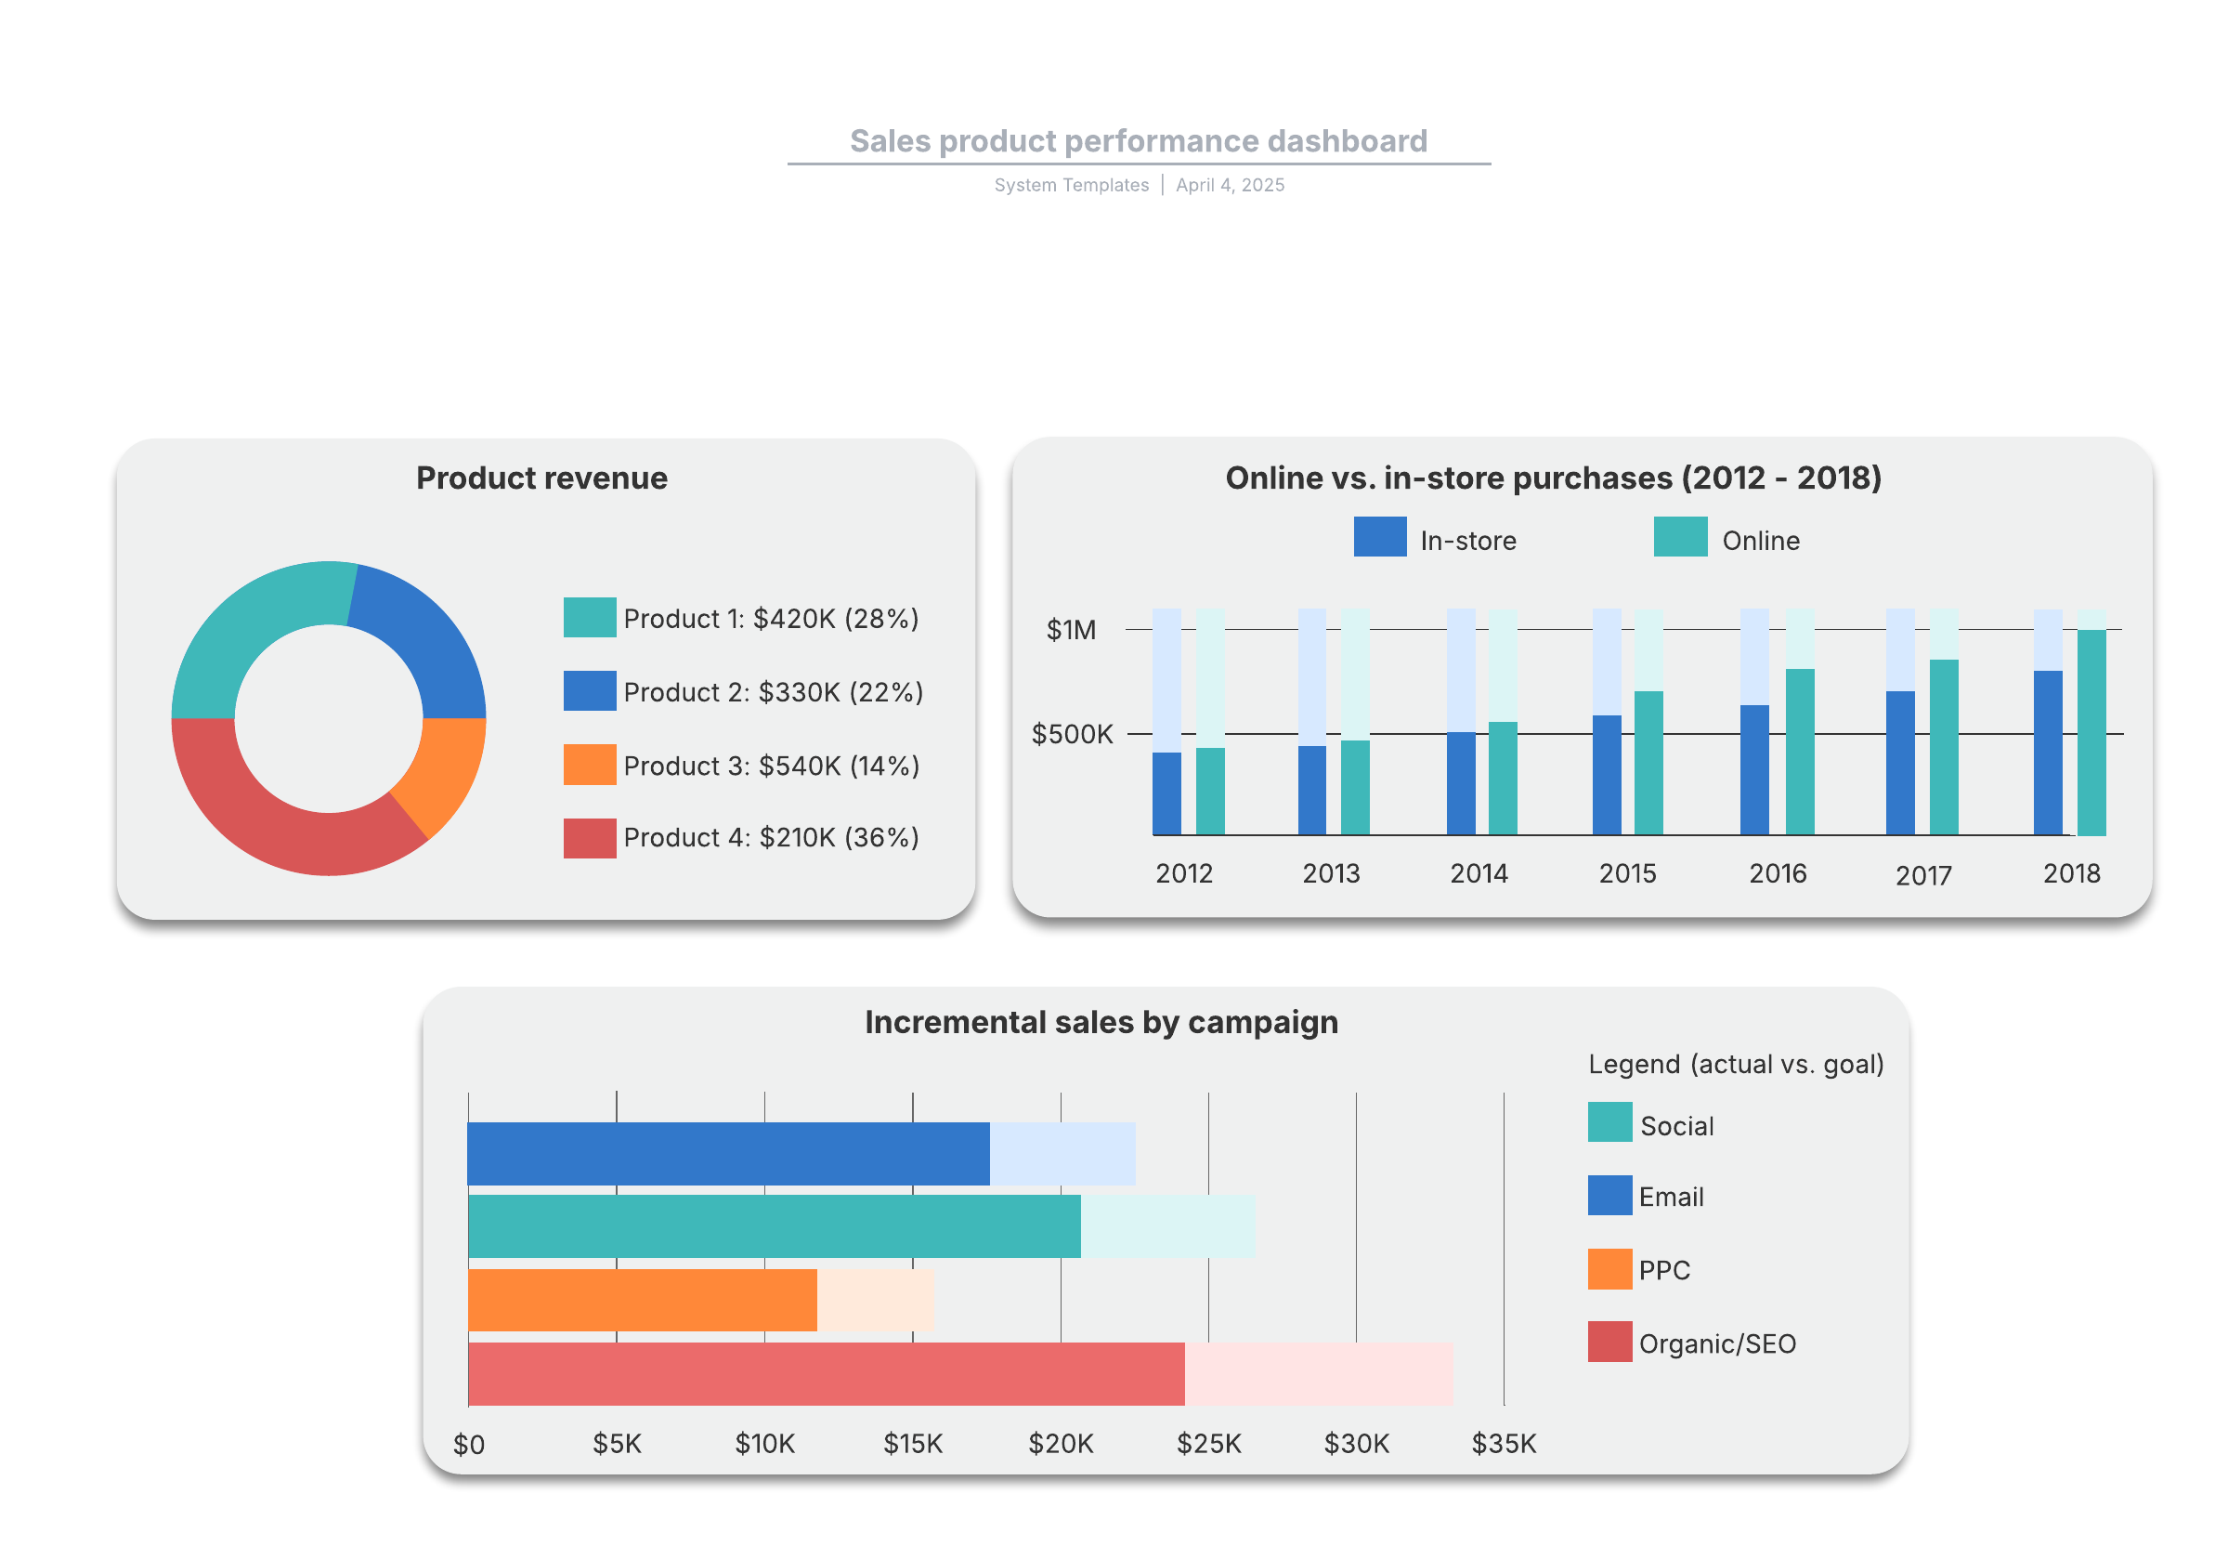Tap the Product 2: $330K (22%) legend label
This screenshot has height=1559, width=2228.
pos(773,692)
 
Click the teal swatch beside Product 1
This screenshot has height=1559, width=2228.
pos(589,618)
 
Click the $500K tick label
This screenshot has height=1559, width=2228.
pos(1072,734)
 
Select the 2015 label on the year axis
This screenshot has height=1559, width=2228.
pos(1626,873)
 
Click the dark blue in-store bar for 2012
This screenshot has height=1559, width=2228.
pos(1166,793)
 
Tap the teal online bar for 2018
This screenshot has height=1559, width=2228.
pos(2091,733)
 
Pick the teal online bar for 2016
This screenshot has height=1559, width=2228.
pos(1799,752)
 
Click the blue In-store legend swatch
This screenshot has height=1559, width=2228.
pos(1379,537)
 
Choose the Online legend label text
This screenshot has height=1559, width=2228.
pos(1759,541)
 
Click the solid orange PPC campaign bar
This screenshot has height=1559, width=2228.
pos(642,1300)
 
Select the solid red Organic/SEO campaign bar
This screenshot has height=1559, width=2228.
pos(825,1373)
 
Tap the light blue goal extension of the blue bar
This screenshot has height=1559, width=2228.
pos(1062,1153)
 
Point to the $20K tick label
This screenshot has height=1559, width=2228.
pos(1060,1444)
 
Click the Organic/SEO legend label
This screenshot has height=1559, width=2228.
pos(1716,1343)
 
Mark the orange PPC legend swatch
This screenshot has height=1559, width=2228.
pos(1609,1269)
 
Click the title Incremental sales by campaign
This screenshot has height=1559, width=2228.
pos(1101,1022)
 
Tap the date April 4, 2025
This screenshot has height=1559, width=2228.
pos(1230,186)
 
